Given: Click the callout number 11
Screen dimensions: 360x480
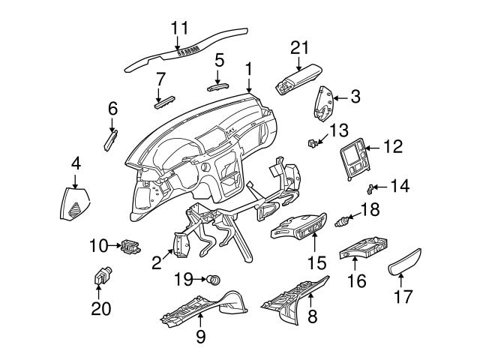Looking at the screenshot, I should coord(178,28).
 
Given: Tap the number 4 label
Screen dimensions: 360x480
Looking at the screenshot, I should coord(75,162).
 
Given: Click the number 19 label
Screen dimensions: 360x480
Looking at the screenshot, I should coord(184,280).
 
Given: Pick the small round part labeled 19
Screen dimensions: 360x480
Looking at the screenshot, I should coord(214,280).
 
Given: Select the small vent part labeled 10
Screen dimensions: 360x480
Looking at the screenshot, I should coord(131,244).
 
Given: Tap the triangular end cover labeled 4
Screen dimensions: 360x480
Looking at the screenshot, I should coord(75,204).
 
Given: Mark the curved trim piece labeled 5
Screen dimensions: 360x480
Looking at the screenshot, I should coord(217,85).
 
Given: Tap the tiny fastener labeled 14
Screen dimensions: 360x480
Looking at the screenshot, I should coord(370,187).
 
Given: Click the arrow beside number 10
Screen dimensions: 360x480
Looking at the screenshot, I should coord(116,244).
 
